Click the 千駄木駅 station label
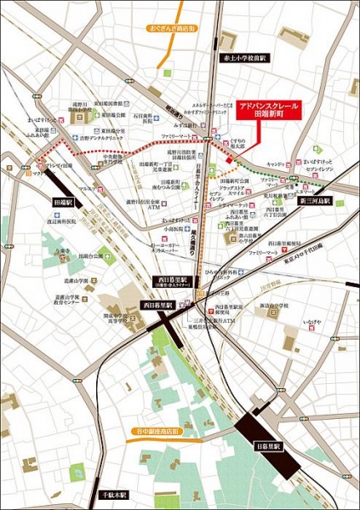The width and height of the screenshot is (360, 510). (x=111, y=494)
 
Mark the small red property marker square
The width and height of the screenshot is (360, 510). (x=228, y=159)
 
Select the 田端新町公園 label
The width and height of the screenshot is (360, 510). (x=234, y=181)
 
